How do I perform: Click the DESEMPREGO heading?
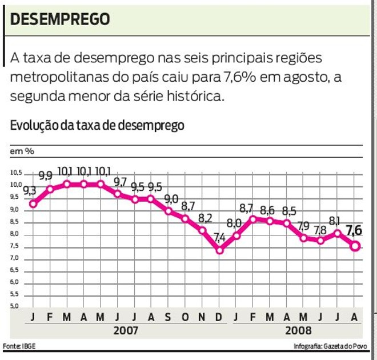[60, 19]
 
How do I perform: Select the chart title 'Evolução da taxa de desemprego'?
[97, 125]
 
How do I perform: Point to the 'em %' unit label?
[22, 151]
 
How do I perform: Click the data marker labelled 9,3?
[33, 203]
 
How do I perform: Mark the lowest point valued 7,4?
[220, 250]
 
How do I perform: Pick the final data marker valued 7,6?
[355, 246]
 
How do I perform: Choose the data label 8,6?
[268, 210]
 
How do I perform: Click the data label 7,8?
[320, 230]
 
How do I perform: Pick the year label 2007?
[126, 330]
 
